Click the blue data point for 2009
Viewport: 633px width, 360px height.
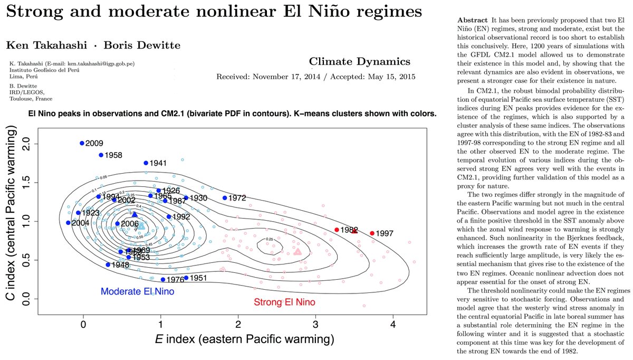82,143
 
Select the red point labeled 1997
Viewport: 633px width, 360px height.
372,233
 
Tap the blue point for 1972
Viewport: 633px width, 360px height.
225,198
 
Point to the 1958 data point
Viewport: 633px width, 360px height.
101,155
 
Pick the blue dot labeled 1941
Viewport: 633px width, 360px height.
146,163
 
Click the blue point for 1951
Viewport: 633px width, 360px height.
186,278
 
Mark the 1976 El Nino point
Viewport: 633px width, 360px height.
163,280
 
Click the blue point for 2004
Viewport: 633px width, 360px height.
68,223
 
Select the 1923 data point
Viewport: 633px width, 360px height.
78,213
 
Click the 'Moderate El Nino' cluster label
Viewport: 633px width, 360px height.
137,291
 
